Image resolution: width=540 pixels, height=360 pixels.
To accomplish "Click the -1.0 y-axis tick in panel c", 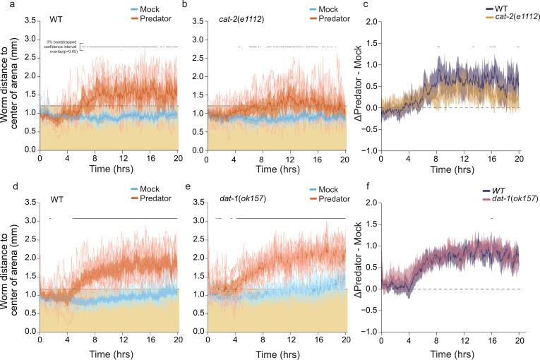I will tap(371, 150).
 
